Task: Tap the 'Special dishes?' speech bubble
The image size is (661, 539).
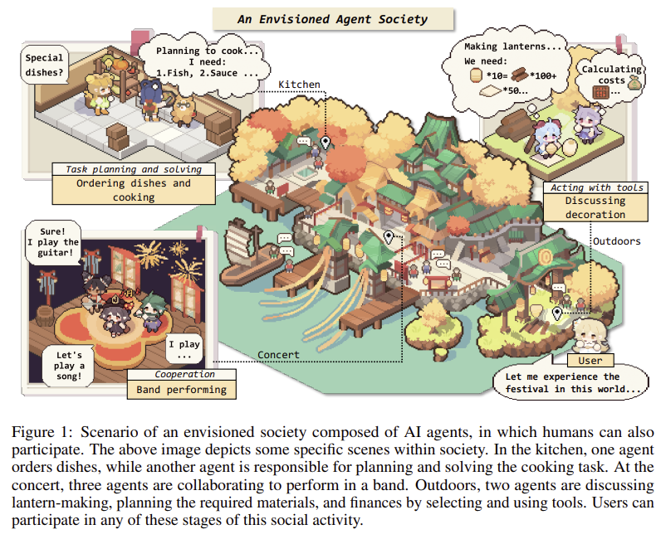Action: [x=44, y=66]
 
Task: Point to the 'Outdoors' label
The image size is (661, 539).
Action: [x=616, y=241]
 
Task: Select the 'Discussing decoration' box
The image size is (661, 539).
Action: [x=595, y=206]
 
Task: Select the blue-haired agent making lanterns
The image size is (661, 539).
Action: [x=547, y=137]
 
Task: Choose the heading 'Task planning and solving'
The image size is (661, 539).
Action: [x=134, y=169]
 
